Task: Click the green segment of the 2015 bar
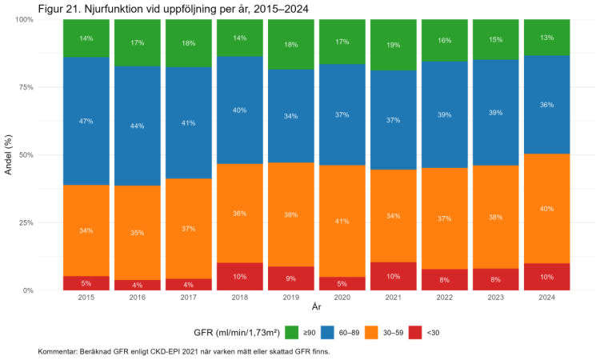click(x=86, y=38)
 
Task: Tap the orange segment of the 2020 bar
click(x=342, y=222)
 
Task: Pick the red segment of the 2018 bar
click(x=240, y=276)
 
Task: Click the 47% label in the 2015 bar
click(x=86, y=122)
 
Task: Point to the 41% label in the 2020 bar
click(x=342, y=222)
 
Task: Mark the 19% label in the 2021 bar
click(x=394, y=46)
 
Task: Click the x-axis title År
click(x=317, y=306)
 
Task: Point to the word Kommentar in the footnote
click(x=61, y=351)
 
